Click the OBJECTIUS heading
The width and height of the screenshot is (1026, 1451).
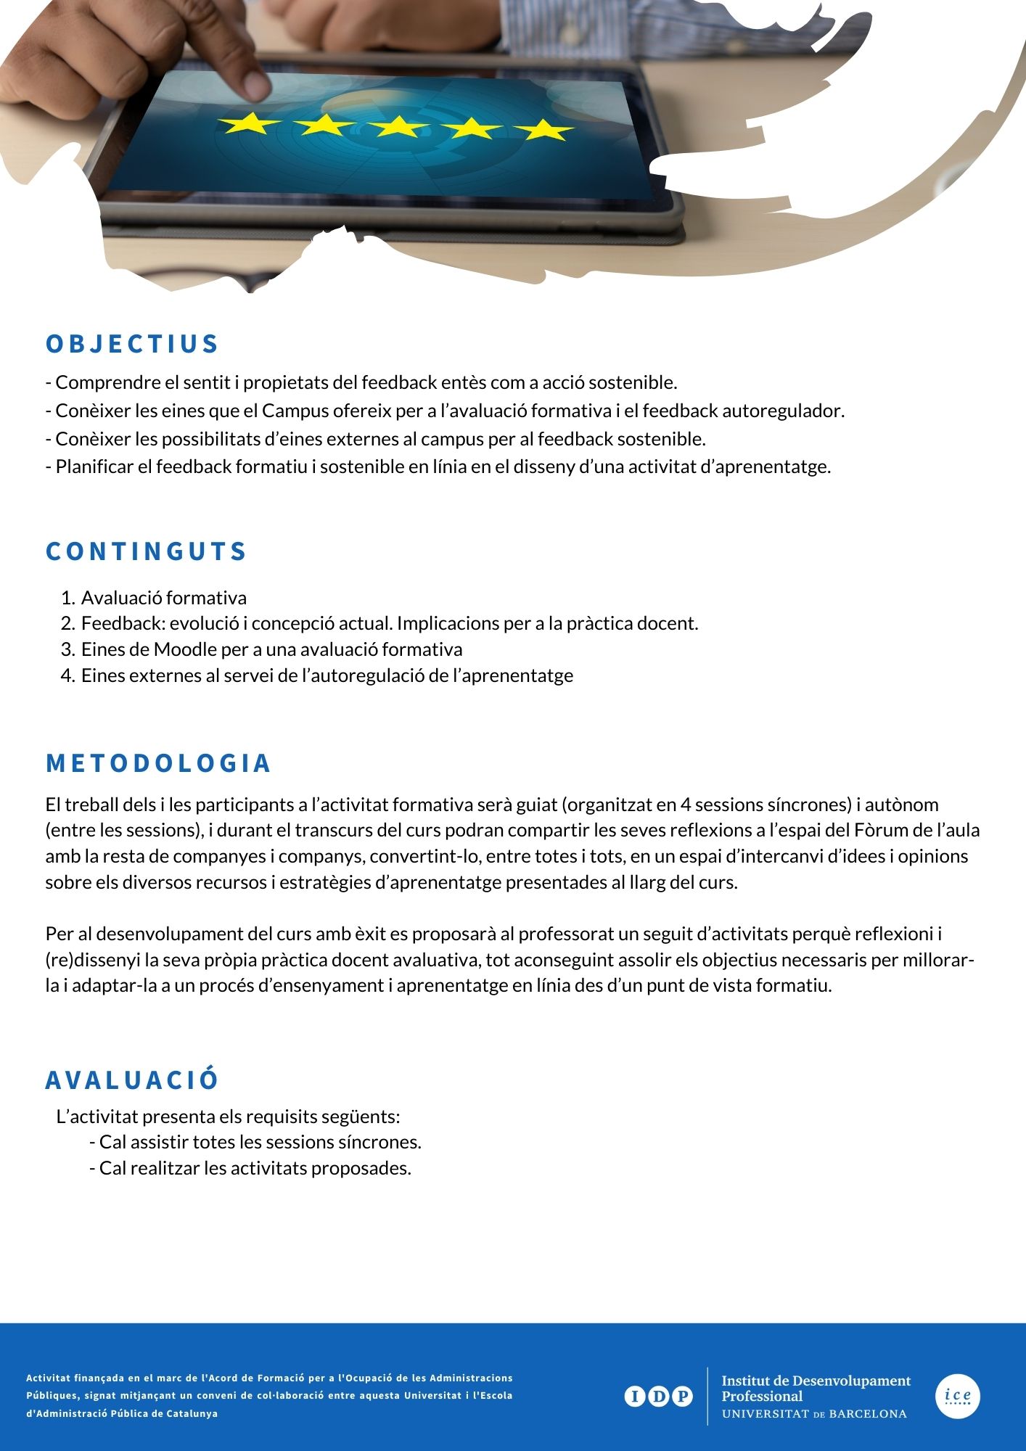[x=132, y=344]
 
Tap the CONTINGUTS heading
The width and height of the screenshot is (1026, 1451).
[x=147, y=551]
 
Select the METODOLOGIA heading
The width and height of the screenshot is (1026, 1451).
[x=158, y=763]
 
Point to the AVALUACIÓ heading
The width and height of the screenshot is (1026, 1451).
[x=132, y=1080]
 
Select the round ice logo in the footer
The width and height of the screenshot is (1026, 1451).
[x=957, y=1396]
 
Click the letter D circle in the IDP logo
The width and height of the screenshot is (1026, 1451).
[x=659, y=1396]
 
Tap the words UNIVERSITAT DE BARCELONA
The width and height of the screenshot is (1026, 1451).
[x=814, y=1414]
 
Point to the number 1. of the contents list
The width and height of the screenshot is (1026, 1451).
[x=68, y=599]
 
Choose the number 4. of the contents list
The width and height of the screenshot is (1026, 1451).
[x=68, y=676]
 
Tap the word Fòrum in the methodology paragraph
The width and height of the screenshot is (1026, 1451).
[x=879, y=830]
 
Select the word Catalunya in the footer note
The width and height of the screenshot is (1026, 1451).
[x=192, y=1413]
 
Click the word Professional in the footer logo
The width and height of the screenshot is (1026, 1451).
[x=762, y=1397]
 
